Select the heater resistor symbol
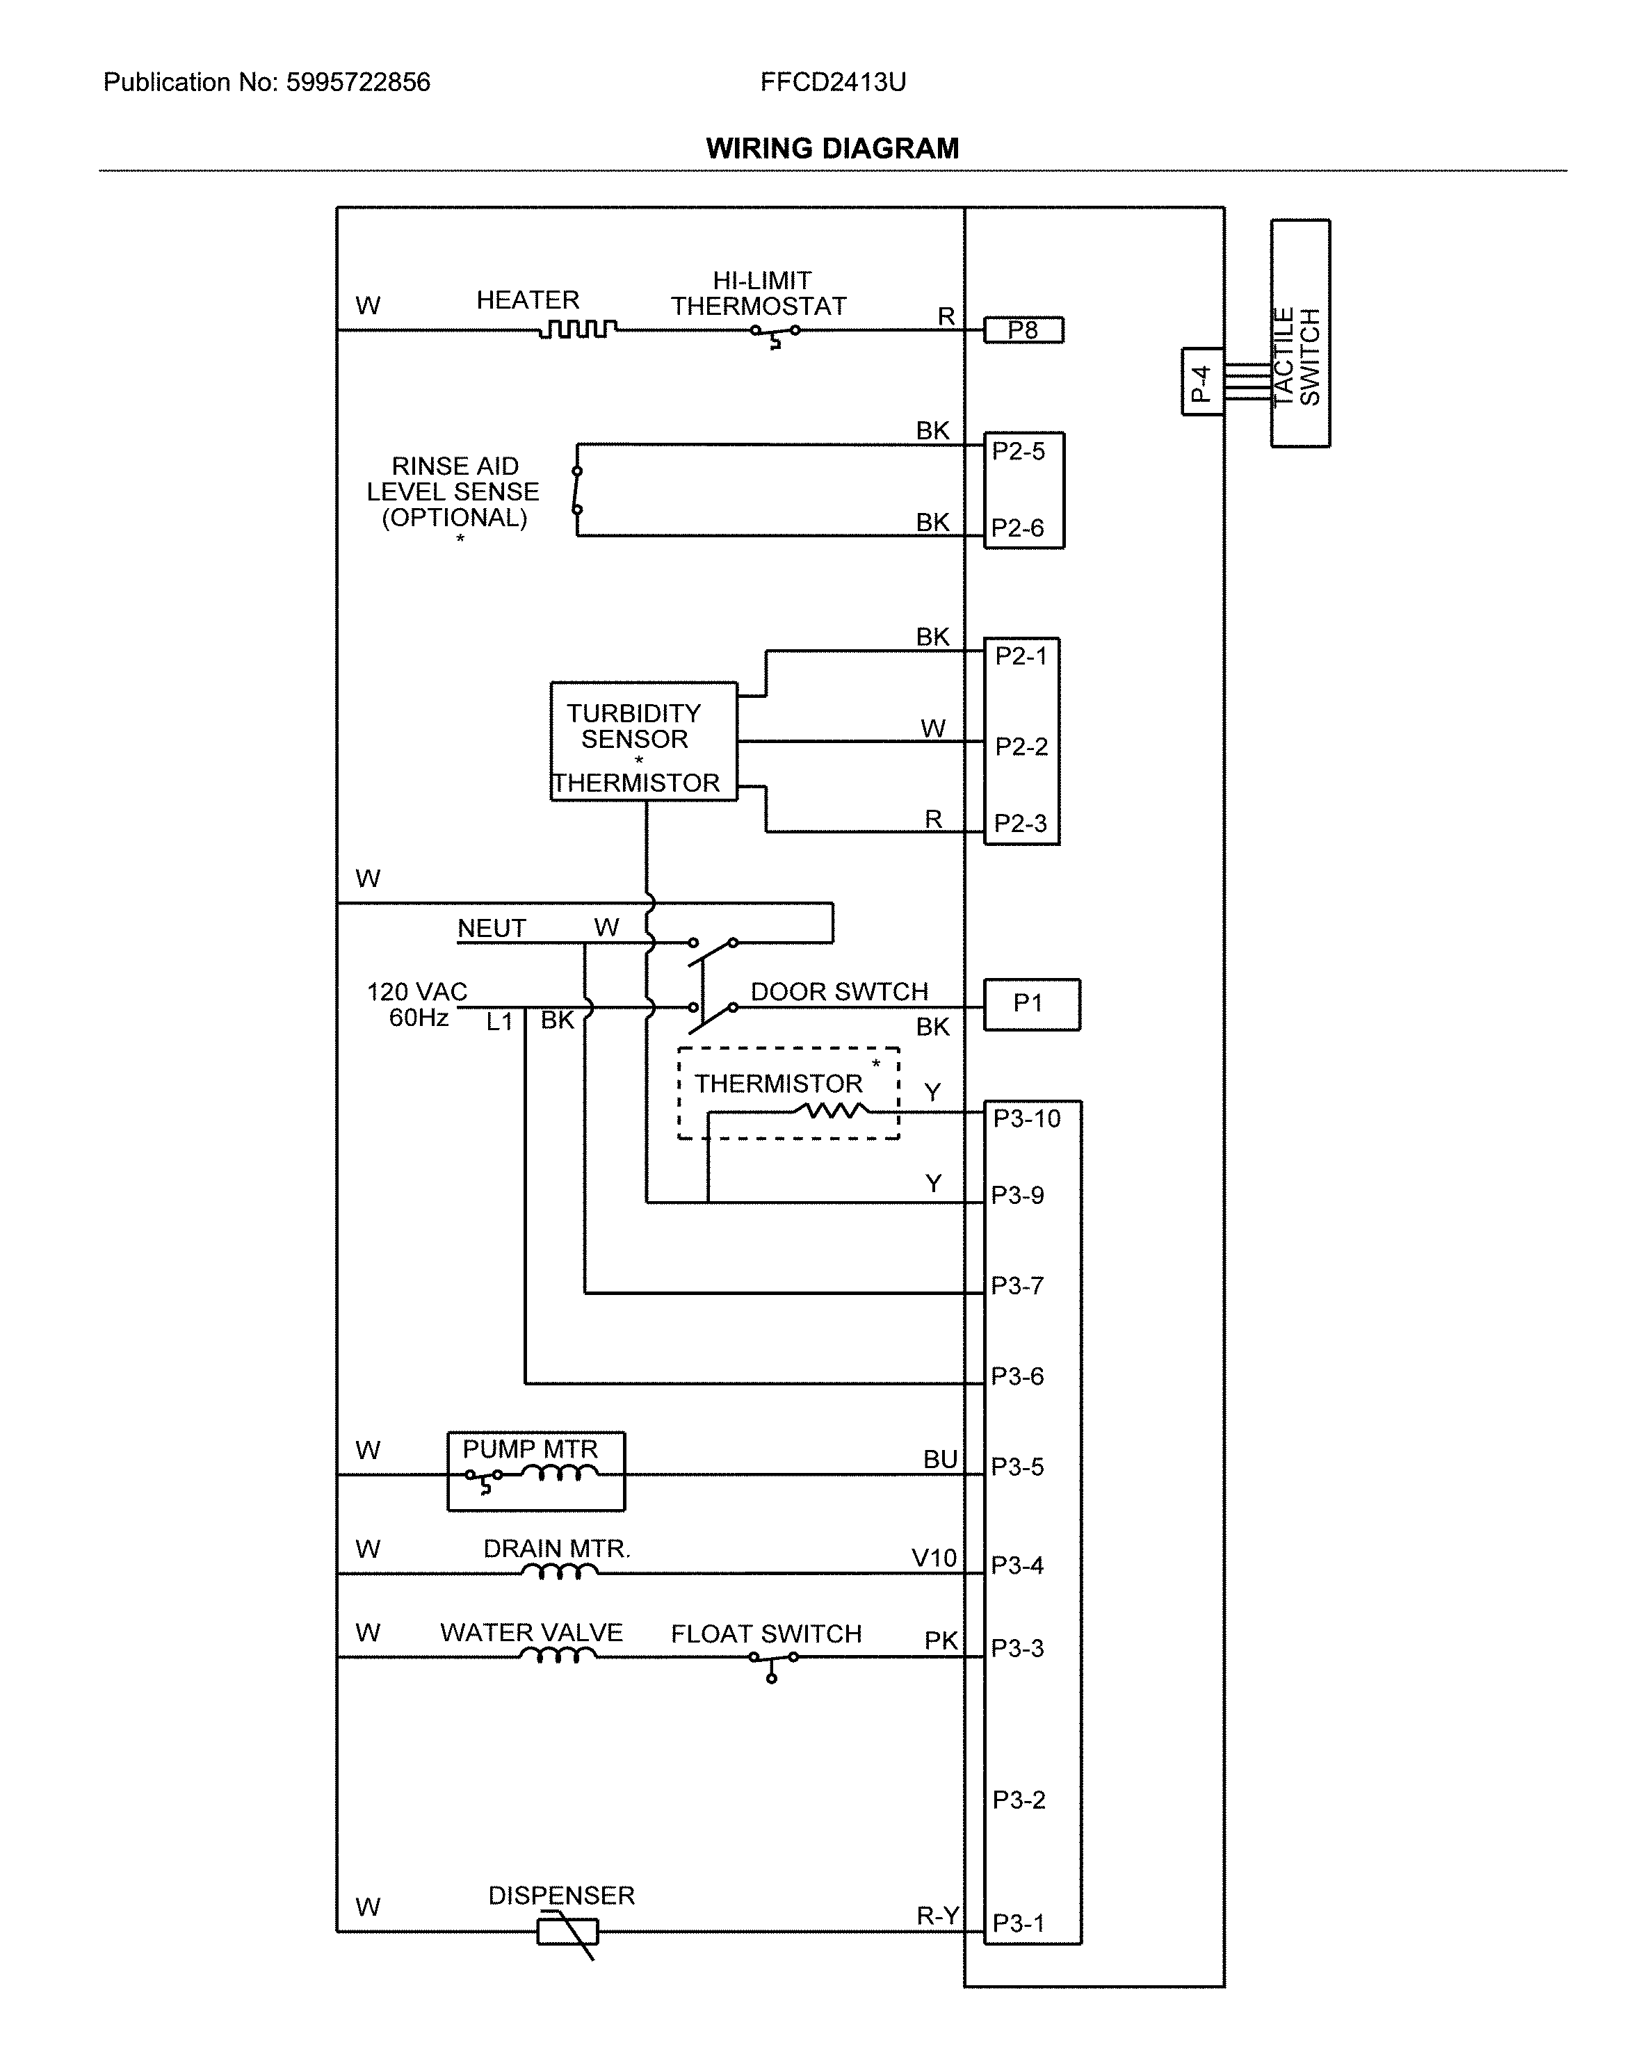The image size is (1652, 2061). click(577, 329)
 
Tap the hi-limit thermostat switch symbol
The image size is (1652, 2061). click(775, 333)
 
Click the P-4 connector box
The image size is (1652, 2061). click(1201, 382)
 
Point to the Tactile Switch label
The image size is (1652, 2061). click(1297, 356)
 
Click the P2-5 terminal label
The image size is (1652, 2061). click(1018, 451)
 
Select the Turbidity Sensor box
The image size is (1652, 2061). click(643, 741)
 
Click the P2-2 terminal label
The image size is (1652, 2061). click(1021, 746)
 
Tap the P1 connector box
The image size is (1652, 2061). click(1032, 1004)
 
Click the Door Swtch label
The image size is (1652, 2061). click(839, 991)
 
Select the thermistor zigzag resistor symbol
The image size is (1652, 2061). click(832, 1110)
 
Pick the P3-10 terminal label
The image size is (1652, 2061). click(1026, 1118)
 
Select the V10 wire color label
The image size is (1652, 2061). click(933, 1558)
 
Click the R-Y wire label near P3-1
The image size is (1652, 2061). click(937, 1916)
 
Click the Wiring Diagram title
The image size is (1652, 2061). click(832, 148)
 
